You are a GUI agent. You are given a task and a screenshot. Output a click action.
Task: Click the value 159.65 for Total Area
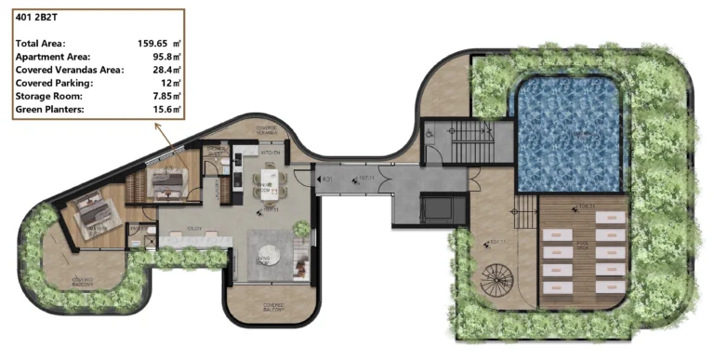click(154, 43)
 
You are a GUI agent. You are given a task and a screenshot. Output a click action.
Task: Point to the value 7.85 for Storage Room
click(165, 96)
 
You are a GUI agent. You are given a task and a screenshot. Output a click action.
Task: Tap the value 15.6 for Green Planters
click(165, 110)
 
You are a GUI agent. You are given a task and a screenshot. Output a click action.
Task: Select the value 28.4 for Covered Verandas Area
click(165, 70)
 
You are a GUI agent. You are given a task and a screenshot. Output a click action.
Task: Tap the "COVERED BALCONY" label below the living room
click(271, 306)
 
